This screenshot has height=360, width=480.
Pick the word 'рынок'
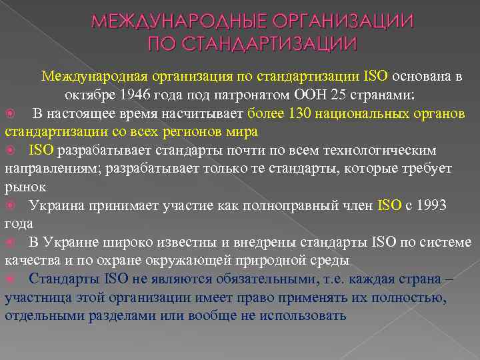tap(25, 187)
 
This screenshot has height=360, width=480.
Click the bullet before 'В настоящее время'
tap(10, 113)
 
